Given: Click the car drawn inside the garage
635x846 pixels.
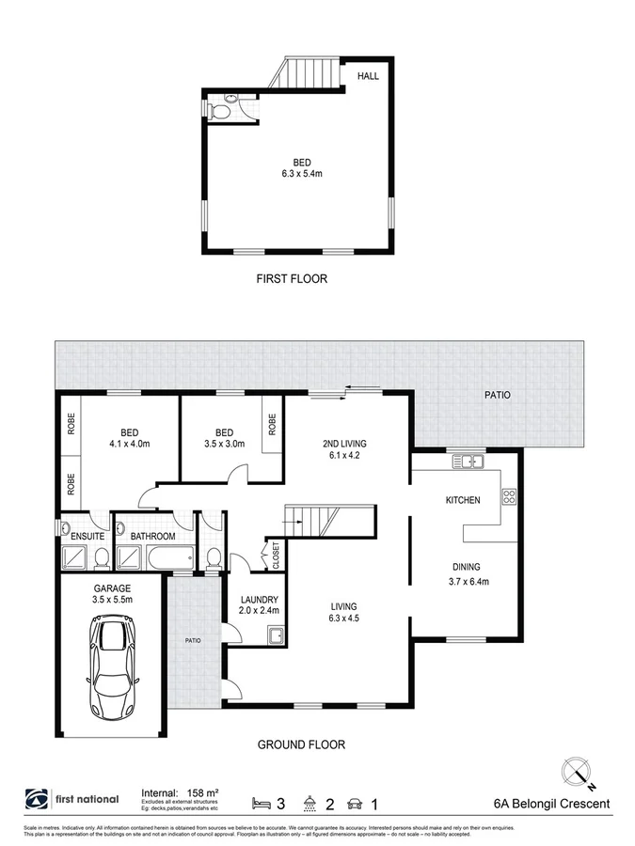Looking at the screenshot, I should [112, 667].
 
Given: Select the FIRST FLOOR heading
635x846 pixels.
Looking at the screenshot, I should [292, 278].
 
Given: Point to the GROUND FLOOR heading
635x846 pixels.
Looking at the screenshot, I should [301, 744].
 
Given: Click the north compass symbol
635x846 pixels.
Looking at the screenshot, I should [577, 773].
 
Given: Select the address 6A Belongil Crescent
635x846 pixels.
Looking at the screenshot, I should [552, 804].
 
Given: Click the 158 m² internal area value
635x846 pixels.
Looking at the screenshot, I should [202, 792].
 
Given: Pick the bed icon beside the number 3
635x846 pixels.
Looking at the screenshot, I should [261, 804].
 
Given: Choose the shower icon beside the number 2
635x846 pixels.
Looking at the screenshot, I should [310, 804].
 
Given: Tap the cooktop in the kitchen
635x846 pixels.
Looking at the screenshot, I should [509, 495].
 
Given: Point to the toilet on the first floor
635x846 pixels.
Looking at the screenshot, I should [220, 110].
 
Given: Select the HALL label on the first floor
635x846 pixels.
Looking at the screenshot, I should [368, 75].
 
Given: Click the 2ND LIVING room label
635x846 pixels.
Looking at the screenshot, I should [344, 444].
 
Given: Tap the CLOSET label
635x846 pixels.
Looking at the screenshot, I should [276, 556].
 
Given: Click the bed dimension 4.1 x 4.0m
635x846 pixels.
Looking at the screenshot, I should [130, 444].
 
